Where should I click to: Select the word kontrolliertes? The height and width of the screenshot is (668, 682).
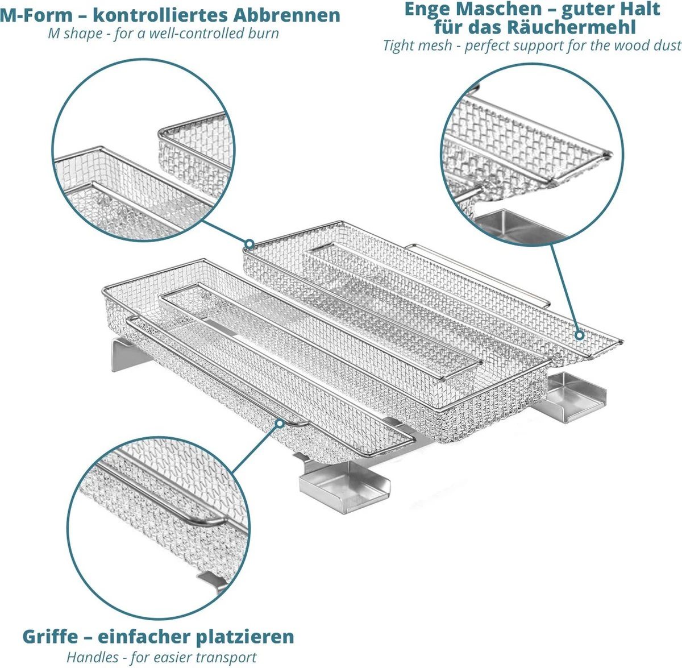(153, 15)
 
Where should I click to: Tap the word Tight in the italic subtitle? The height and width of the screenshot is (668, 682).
(402, 45)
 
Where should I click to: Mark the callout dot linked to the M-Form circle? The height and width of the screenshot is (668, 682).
(248, 244)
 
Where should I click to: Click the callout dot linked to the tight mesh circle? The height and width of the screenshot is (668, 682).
(579, 335)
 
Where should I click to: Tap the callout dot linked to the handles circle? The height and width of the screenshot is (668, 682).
(279, 423)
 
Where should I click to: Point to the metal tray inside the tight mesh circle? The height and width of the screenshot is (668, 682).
(514, 225)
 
